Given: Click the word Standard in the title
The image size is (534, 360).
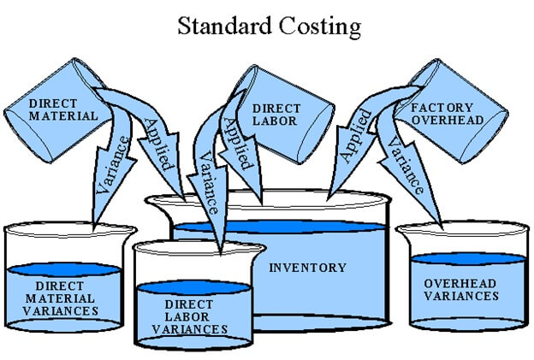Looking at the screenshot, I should coord(223,27).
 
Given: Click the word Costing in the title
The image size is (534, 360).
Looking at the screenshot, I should coord(319,27).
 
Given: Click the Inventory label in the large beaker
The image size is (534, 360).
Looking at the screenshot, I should coord(308,268).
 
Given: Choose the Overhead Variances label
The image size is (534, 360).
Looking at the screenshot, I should coord(461,289).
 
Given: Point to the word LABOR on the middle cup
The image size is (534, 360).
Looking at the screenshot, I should coord(276,121).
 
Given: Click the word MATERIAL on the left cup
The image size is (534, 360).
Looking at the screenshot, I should coord(62,115).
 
